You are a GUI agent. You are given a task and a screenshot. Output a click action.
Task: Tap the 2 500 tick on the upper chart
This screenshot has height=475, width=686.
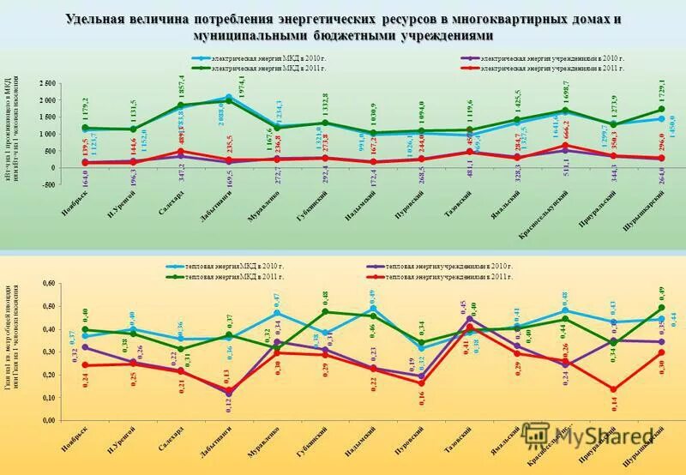tap(43, 83)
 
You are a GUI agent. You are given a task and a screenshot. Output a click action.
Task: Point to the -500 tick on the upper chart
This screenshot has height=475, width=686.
tap(45, 183)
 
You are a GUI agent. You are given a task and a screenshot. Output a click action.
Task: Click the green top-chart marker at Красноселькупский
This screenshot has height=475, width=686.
tap(564, 111)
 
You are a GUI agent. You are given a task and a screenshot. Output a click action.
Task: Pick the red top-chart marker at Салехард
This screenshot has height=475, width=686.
tap(181, 152)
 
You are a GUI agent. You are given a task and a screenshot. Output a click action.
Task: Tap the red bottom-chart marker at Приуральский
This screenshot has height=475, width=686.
tap(612, 389)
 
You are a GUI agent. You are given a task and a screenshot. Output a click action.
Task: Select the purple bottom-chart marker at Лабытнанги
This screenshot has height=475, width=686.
tap(229, 391)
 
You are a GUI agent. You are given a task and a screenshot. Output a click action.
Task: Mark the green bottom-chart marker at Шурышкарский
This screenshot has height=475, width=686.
tap(660, 308)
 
